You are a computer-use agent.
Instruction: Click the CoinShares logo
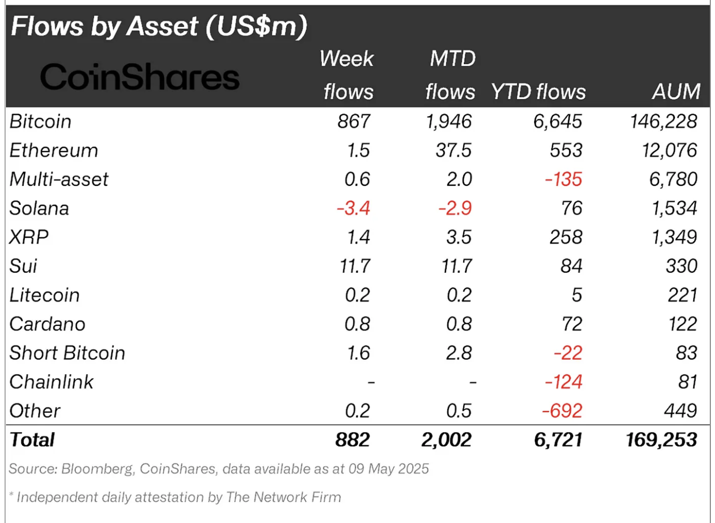coord(140,77)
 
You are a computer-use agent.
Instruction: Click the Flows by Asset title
coord(159,26)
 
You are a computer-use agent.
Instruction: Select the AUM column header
coord(676,92)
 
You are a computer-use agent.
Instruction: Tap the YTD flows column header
coord(538,92)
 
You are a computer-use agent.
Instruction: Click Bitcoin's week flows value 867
coord(354,121)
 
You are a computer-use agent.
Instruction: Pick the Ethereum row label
coord(54,150)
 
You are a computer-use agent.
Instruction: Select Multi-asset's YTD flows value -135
coord(563,180)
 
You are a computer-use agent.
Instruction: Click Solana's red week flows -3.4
coord(353,209)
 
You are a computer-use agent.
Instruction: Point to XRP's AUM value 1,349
coord(674,237)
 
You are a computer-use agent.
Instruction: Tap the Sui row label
coord(23,266)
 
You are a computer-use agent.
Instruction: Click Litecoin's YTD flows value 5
coord(576,295)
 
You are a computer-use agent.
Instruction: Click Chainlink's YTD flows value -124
coord(563,382)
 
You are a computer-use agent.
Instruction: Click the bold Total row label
coord(32,440)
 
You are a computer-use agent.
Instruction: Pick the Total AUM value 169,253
coord(661,440)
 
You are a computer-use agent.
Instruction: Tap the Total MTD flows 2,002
coord(446,440)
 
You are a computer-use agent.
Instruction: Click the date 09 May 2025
coord(388,469)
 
